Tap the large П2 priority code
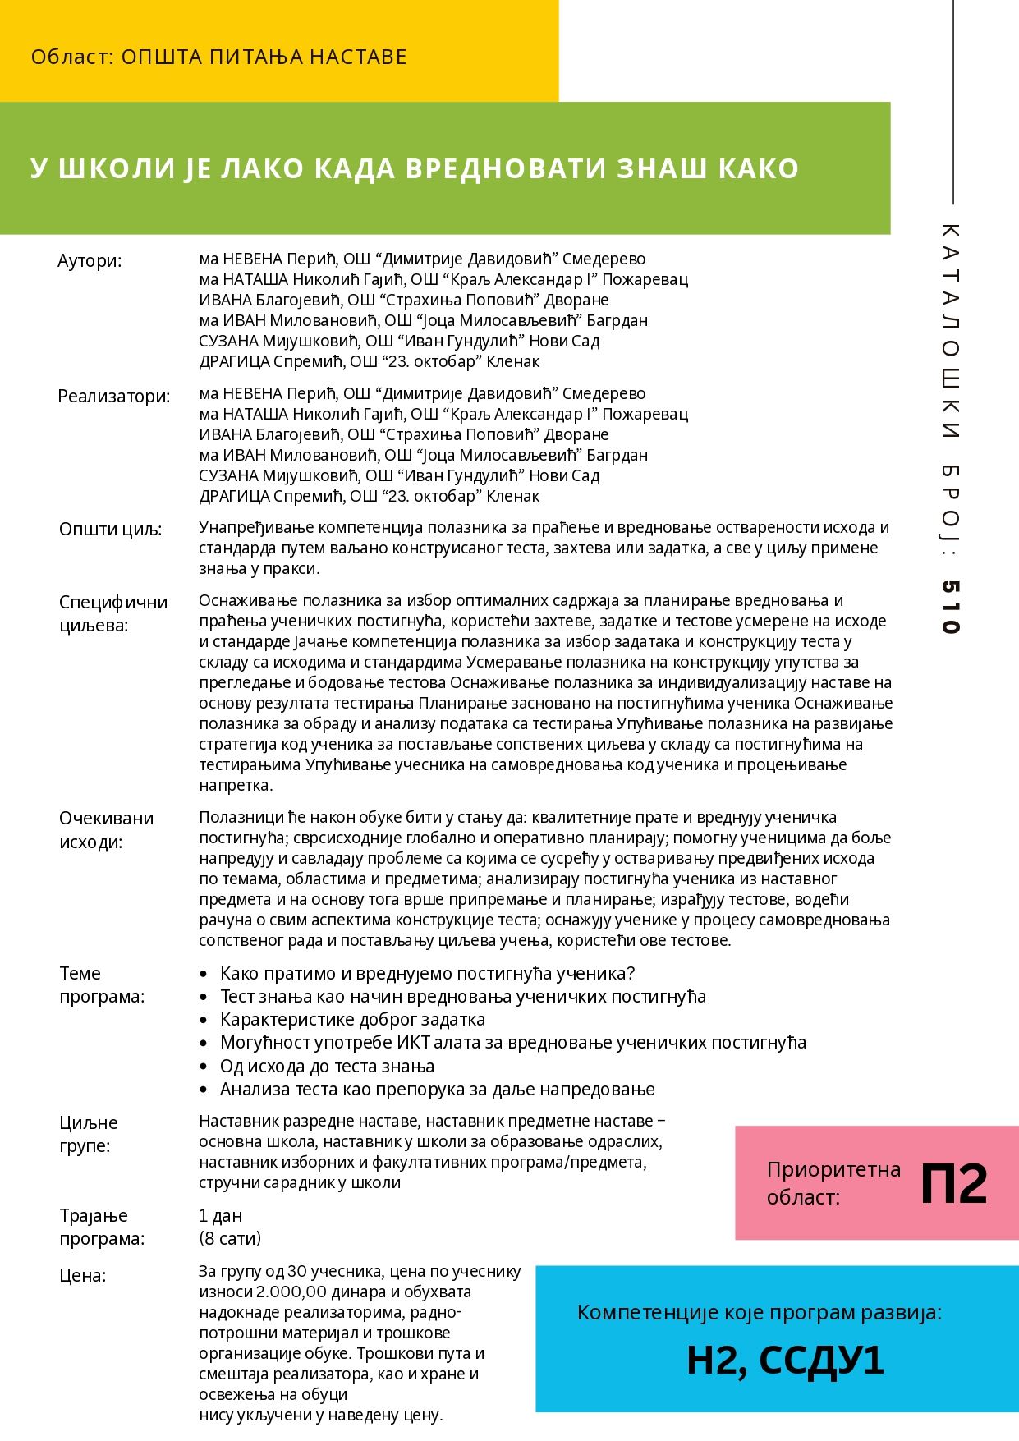(x=953, y=1184)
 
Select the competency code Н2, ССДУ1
(x=785, y=1360)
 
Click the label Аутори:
(x=90, y=261)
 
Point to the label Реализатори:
(x=114, y=397)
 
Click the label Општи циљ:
(x=110, y=530)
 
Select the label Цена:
(x=82, y=1276)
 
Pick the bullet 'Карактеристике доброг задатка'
(x=352, y=1020)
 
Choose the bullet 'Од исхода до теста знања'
(x=327, y=1067)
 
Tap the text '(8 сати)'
(x=230, y=1238)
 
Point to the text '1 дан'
(x=220, y=1216)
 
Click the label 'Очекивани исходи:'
(x=106, y=830)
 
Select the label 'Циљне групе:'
(x=88, y=1134)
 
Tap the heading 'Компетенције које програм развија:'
(x=760, y=1313)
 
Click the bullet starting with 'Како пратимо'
(x=427, y=974)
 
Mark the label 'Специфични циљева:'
(x=112, y=613)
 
